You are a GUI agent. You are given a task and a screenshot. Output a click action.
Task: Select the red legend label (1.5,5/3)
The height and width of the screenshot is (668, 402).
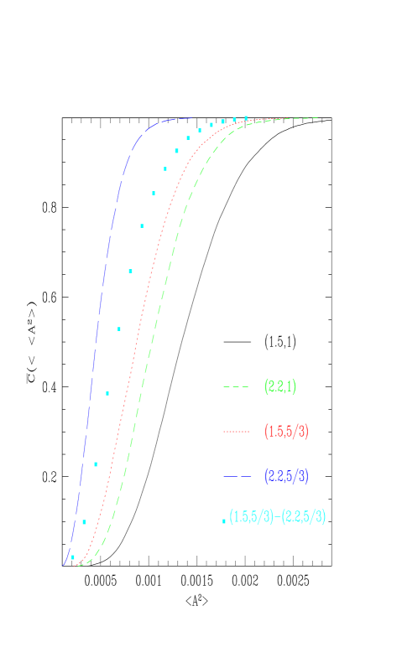(286, 432)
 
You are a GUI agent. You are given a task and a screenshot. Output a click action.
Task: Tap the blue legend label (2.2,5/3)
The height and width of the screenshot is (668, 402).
(286, 476)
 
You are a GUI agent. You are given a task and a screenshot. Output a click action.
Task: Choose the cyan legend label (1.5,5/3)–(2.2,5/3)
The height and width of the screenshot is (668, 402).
(277, 517)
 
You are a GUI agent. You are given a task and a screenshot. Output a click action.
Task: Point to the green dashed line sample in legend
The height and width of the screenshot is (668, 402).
(236, 387)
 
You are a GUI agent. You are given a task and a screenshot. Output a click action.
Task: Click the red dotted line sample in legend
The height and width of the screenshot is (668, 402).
(236, 432)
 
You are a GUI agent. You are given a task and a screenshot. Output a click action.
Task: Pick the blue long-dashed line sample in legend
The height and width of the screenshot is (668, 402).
(236, 476)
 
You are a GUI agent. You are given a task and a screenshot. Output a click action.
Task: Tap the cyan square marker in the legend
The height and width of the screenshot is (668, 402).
(224, 521)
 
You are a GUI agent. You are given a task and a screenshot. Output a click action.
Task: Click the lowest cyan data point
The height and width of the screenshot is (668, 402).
(73, 557)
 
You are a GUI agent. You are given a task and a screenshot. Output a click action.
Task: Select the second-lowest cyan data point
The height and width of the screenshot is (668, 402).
(85, 522)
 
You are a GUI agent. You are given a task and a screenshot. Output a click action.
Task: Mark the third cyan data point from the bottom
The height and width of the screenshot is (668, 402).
(96, 464)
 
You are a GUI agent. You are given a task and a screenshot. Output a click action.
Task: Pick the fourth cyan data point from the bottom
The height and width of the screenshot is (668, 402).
(107, 393)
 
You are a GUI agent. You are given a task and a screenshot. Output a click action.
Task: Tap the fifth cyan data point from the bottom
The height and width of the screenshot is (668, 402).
(119, 329)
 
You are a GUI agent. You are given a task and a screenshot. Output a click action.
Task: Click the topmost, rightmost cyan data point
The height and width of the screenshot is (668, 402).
(246, 118)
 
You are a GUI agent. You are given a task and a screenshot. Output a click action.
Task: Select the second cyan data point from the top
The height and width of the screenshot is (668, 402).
(234, 120)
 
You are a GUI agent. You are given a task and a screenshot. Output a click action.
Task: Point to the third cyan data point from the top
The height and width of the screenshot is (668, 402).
(222, 122)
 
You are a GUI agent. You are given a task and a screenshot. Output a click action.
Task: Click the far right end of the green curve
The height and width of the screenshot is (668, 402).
(319, 118)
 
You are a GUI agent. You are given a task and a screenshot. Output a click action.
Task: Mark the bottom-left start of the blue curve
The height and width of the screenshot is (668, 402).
(64, 565)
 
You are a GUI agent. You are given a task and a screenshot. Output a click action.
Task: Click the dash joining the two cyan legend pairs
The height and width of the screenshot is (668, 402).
(278, 517)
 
